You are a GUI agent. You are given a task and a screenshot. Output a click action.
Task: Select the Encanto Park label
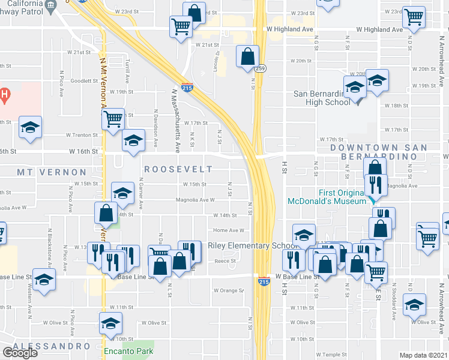[x=128, y=351]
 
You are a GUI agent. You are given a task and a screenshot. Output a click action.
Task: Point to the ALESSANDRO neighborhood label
[x=50, y=346]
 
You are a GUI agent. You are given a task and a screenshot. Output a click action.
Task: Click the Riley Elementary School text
[x=253, y=245]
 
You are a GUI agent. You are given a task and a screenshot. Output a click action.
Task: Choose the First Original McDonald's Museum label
[x=327, y=197]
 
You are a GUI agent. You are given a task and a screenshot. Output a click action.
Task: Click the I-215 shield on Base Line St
[x=263, y=281]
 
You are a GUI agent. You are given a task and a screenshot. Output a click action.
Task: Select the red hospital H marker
[x=4, y=94]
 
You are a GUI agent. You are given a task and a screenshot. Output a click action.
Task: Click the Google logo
[x=20, y=352]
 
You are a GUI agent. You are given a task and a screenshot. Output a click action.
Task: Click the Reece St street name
[x=223, y=262]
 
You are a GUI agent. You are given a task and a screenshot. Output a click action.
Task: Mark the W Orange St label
[x=228, y=290]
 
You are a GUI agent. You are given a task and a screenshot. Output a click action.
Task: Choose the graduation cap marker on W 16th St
[x=133, y=141]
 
